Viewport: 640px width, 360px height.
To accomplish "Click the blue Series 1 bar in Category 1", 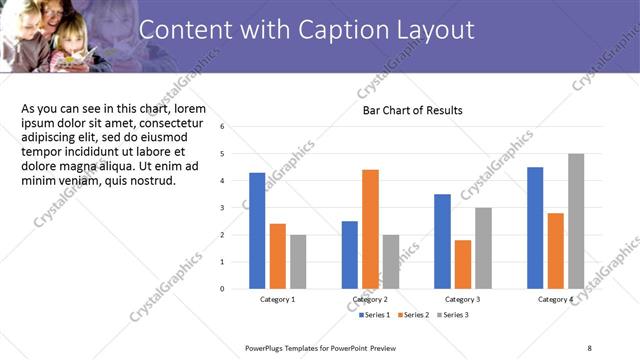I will (x=257, y=230).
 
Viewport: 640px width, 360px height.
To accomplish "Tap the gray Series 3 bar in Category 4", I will (x=576, y=221).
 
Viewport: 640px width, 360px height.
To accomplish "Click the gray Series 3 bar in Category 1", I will (x=298, y=261).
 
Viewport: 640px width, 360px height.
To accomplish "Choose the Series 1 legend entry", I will (x=376, y=315).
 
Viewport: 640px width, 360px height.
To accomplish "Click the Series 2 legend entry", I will (x=415, y=315).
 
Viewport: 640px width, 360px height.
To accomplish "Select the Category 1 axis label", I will (x=277, y=300).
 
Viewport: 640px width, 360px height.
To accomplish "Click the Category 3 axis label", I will (x=462, y=300).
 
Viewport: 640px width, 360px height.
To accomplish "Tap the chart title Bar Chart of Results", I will (x=412, y=110).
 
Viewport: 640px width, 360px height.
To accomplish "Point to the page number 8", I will (x=589, y=348).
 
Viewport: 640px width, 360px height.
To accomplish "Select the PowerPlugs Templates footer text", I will (x=321, y=348).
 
